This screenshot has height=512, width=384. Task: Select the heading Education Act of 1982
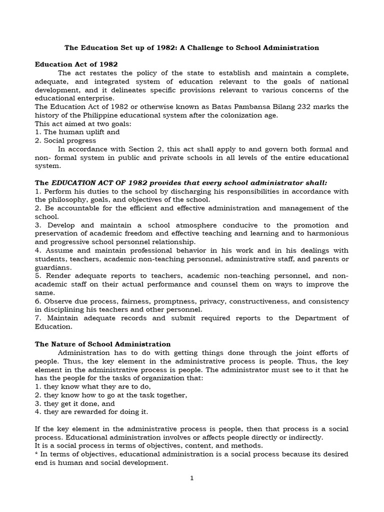[76, 64]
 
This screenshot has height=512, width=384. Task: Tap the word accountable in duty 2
[74, 208]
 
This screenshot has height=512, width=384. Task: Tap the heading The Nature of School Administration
[102, 344]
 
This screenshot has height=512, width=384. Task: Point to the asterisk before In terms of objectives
[36, 454]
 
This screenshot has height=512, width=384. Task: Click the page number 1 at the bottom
[191, 478]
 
